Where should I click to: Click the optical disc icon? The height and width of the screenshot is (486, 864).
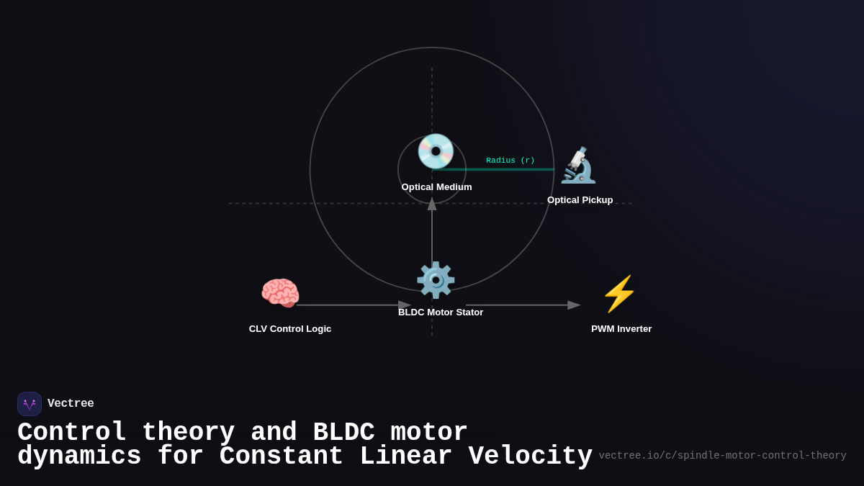pos(436,152)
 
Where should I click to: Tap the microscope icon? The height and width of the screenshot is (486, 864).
pos(578,166)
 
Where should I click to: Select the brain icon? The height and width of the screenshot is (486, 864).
pos(280,293)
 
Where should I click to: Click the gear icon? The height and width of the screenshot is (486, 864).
pos(436,280)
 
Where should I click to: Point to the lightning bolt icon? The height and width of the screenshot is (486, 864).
pos(619,294)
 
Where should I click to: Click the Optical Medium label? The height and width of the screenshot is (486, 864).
pos(436,187)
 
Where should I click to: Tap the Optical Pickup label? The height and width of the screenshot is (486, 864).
pos(580,200)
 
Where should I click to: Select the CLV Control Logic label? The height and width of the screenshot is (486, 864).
pos(290,329)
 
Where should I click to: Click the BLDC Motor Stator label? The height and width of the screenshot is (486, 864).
pos(441,312)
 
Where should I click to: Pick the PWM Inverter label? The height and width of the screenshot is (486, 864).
pos(621,329)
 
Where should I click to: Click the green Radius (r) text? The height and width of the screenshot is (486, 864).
pos(510,161)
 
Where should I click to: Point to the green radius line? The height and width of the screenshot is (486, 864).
pos(497,170)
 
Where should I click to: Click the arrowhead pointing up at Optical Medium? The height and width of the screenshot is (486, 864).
pos(432,204)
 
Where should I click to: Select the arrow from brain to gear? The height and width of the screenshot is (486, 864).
pos(353,305)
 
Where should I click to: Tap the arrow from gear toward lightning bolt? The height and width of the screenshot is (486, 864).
pos(522,305)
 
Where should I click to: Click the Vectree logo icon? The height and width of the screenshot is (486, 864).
pos(30,404)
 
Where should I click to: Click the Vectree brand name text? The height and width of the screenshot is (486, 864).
pos(71,404)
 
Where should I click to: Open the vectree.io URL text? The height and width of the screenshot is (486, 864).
pos(722,456)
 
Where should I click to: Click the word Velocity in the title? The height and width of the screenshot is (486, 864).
pos(530,456)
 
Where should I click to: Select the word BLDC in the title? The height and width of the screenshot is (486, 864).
pos(343,433)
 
